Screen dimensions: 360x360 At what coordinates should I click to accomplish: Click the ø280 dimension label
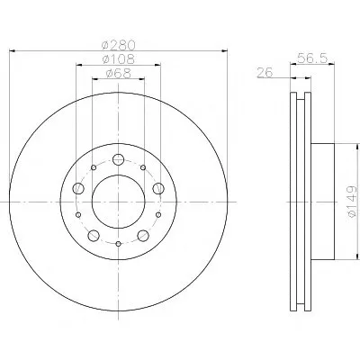click(119, 45)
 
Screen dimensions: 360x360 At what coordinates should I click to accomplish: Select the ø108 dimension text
click(118, 58)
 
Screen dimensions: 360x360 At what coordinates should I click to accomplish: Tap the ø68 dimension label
click(119, 73)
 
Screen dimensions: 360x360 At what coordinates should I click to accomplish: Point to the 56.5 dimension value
click(312, 58)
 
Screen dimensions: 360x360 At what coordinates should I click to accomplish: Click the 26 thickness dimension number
click(265, 72)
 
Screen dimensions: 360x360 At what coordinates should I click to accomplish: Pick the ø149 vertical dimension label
click(352, 202)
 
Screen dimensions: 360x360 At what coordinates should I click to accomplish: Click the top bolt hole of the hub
click(119, 159)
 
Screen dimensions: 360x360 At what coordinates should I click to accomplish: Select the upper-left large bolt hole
click(78, 188)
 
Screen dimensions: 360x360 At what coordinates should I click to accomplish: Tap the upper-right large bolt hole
click(158, 188)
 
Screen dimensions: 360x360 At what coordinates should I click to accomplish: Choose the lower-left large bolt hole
click(94, 236)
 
